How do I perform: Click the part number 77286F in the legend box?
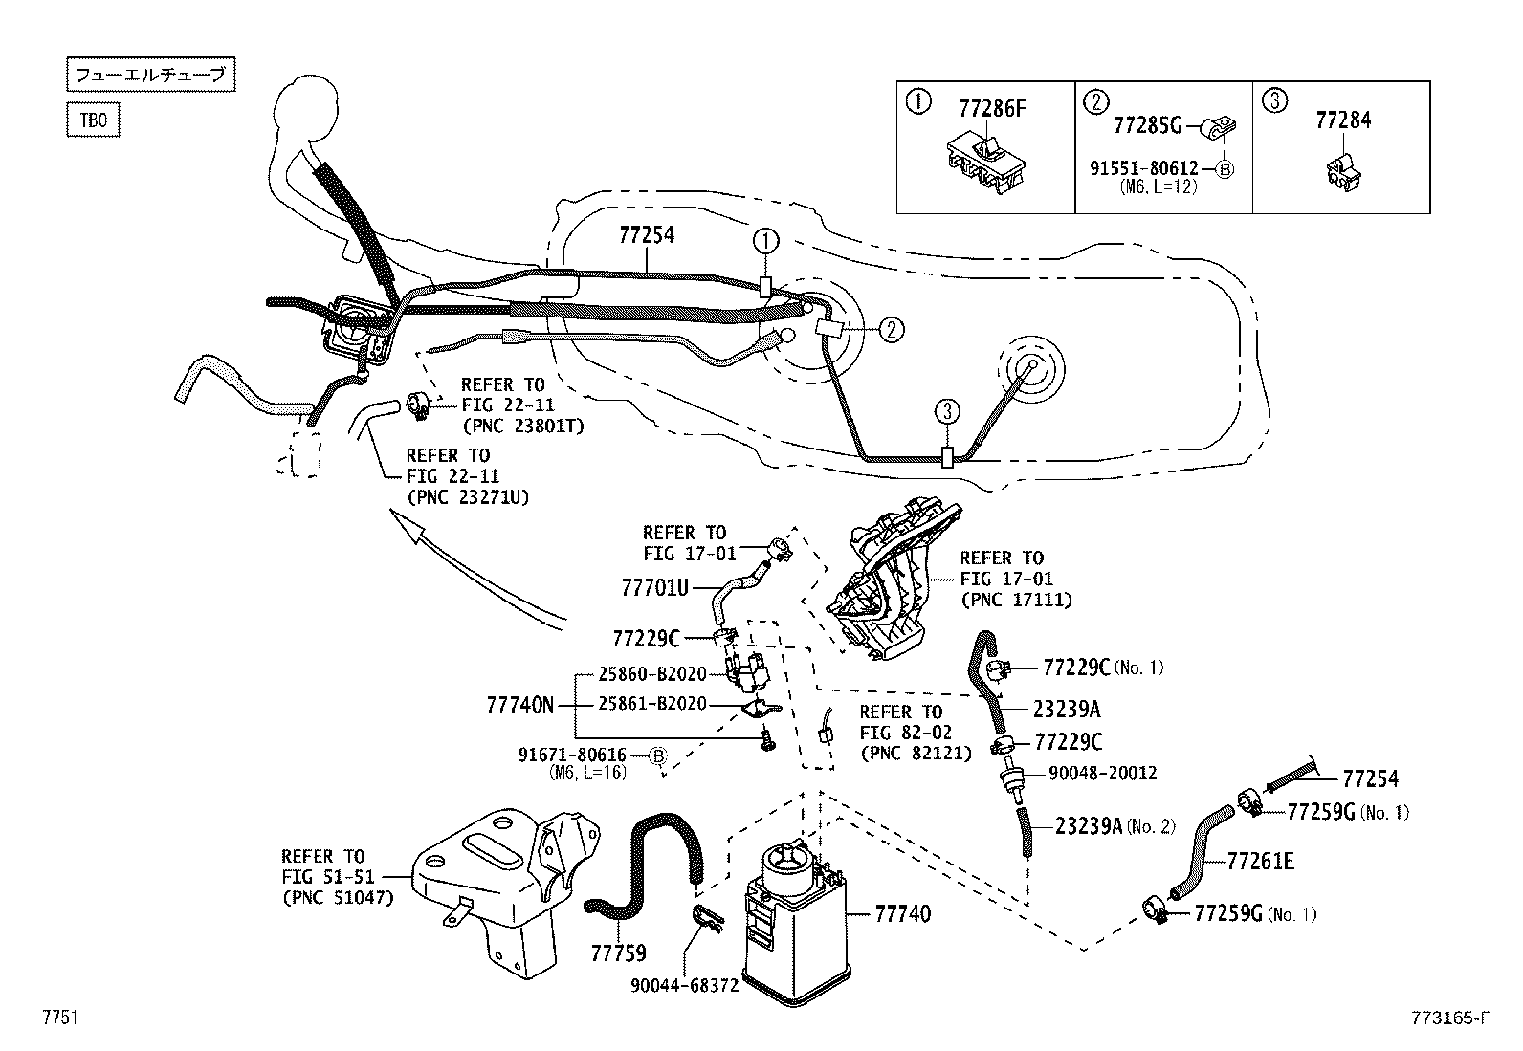click(991, 108)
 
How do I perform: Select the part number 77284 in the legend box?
click(1342, 120)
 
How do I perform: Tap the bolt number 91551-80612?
click(1144, 168)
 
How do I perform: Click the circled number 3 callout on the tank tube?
click(946, 412)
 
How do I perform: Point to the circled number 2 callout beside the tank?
click(890, 330)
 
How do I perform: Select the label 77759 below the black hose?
click(618, 952)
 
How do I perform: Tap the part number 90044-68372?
click(684, 985)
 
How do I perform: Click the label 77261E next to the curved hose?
click(1260, 862)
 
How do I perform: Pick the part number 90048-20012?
click(1101, 773)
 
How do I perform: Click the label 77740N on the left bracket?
click(520, 705)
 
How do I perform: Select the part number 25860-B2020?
click(651, 674)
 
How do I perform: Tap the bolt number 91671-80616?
click(572, 755)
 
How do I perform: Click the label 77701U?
click(654, 587)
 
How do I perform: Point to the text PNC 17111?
click(1016, 600)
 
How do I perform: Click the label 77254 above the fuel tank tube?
click(647, 234)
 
